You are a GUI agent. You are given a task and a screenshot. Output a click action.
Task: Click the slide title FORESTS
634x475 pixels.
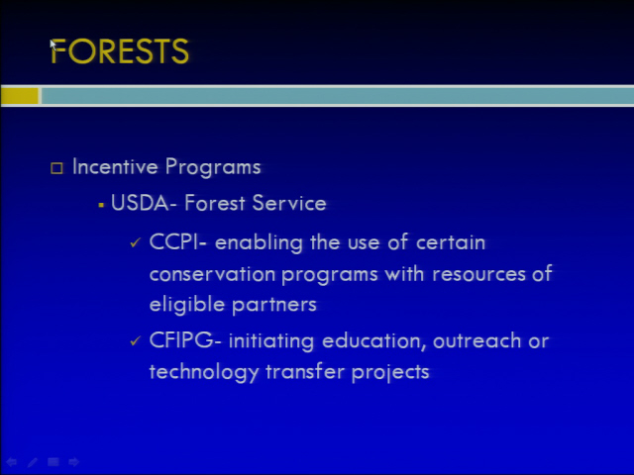(x=120, y=51)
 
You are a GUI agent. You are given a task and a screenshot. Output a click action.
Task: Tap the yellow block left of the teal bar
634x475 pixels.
(x=20, y=96)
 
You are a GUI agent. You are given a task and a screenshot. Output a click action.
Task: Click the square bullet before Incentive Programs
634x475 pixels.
(x=56, y=168)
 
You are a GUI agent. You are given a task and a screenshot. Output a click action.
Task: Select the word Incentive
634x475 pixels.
(x=115, y=166)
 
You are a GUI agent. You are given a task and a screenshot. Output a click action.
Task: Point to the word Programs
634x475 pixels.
(x=213, y=167)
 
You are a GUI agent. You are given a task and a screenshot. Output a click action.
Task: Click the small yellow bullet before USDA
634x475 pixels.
(x=101, y=206)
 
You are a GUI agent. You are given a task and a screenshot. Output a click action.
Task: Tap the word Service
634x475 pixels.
(x=289, y=203)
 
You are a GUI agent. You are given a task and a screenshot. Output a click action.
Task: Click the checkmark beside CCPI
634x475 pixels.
(x=135, y=242)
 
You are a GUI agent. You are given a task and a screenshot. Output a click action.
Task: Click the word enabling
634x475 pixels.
(x=259, y=243)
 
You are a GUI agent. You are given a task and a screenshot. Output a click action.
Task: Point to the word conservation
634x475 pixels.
(x=213, y=274)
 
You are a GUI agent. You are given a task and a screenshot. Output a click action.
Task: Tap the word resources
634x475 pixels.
(x=478, y=275)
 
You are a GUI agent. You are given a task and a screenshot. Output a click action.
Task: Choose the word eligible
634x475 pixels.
(x=187, y=305)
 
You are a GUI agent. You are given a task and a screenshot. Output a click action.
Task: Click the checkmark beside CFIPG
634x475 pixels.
(x=135, y=340)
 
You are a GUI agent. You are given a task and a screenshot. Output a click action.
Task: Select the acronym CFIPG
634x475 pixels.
(x=181, y=340)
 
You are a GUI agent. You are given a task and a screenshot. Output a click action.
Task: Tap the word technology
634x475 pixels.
(x=204, y=372)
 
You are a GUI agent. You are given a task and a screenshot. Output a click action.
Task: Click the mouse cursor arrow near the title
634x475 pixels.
(x=53, y=45)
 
